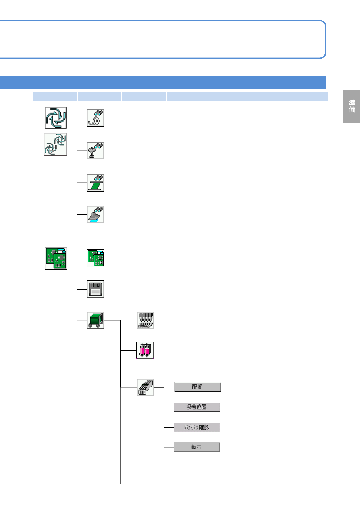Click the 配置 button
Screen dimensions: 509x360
point(197,387)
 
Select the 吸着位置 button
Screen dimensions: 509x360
point(197,407)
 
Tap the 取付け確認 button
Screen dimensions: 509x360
point(197,427)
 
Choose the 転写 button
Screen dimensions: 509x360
point(197,447)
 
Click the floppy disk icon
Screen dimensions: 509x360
point(96,289)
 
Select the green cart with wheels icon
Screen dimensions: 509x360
point(96,320)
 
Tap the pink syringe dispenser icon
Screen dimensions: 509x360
point(145,350)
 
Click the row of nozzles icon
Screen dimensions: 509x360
point(145,320)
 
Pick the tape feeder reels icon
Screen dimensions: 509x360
point(145,387)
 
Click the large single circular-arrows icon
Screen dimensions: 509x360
point(56,118)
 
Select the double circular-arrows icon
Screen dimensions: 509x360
point(56,144)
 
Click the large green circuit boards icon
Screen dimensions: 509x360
point(56,258)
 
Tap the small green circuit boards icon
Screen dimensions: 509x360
point(96,258)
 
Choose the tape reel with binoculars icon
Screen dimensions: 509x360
point(96,118)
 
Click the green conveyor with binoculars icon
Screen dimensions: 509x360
point(96,183)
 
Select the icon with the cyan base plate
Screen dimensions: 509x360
point(96,215)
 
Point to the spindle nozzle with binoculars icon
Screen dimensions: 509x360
point(96,151)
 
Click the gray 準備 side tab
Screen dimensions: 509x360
point(352,106)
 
